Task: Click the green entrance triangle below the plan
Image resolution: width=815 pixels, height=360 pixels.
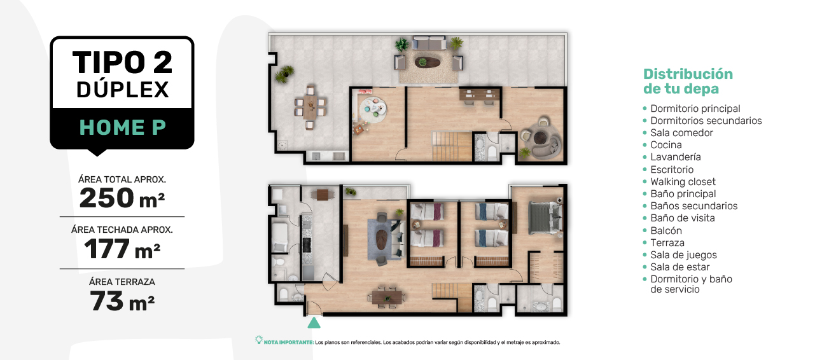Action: [314, 323]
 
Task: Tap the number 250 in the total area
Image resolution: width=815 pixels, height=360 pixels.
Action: [107, 198]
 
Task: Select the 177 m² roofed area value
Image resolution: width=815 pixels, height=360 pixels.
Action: [122, 249]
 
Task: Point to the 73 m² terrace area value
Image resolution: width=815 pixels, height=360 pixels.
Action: [122, 301]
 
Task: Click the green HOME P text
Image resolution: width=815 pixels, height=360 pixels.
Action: [123, 127]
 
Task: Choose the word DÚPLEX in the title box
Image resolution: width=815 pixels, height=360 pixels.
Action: [123, 90]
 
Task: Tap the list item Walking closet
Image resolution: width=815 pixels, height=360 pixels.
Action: [683, 181]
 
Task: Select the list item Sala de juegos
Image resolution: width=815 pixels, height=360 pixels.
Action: [683, 255]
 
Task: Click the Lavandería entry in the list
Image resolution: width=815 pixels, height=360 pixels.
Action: [675, 156]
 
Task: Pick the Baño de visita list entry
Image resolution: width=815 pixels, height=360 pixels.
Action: [682, 218]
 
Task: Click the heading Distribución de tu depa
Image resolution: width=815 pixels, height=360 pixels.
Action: [688, 81]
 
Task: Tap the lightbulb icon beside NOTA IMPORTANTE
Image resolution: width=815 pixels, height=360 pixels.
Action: [259, 340]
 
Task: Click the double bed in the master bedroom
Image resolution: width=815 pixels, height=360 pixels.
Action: [545, 218]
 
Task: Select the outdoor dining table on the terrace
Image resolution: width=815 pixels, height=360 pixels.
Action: [310, 107]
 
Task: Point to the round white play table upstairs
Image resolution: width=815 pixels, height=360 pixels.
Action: [373, 107]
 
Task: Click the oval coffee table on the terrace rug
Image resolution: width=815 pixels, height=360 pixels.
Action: [427, 62]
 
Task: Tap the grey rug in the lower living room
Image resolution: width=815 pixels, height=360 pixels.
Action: [384, 239]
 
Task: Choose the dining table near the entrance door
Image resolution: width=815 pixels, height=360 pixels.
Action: [387, 298]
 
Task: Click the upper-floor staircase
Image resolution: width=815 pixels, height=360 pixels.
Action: [452, 146]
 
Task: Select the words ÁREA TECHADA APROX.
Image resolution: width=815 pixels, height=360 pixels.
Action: [122, 230]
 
